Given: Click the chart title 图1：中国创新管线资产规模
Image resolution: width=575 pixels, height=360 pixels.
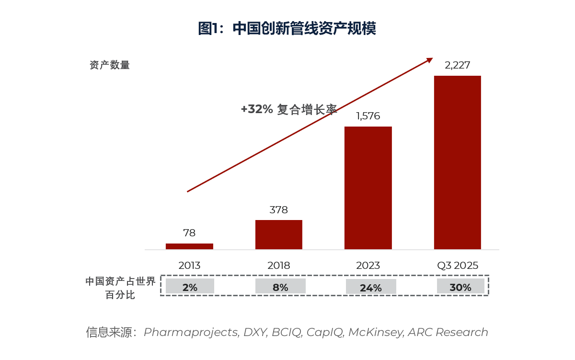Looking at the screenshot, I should coord(287,28).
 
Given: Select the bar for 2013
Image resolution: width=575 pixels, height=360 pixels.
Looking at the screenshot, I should coord(189,246).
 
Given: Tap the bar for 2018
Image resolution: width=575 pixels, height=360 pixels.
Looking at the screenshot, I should coord(279,234).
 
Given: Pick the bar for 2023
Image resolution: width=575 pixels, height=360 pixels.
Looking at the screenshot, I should coord(368,188).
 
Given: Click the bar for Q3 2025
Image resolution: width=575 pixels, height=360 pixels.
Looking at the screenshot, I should coord(457,163).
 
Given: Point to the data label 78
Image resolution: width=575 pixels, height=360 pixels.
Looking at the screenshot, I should coord(189,233).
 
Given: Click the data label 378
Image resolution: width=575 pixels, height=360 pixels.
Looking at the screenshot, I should coord(279,210).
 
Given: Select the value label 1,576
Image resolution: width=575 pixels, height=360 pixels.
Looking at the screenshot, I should coord(368,116).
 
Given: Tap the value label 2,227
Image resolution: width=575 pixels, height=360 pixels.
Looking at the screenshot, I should coord(457,65).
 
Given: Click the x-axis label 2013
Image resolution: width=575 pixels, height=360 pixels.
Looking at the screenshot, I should coord(189,266).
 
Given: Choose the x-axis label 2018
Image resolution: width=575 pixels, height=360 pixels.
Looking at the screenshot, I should coord(279,266).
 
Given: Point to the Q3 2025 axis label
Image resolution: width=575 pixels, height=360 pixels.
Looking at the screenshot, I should coord(457,266).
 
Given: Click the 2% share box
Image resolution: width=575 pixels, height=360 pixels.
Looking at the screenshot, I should coord(190,287).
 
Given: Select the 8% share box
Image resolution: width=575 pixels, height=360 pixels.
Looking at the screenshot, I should coord(280,287).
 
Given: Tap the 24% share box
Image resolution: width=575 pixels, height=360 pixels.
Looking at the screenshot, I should coord(371,287).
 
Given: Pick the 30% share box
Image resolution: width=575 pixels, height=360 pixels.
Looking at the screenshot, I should coord(460,287).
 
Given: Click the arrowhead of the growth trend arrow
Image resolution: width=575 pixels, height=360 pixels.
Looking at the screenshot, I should coord(430,60).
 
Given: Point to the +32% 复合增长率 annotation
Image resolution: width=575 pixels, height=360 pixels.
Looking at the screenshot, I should coord(288,109).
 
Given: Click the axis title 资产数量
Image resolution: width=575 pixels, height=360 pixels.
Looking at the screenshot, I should coord(110,65).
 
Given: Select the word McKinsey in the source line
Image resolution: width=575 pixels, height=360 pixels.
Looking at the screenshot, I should coord(376,332).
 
